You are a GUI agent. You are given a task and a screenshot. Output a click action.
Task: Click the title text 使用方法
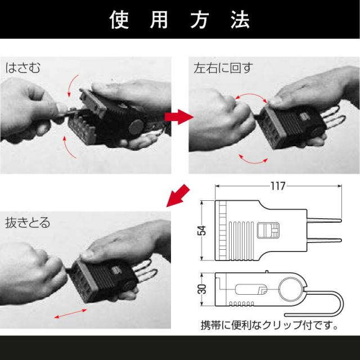click(x=179, y=20)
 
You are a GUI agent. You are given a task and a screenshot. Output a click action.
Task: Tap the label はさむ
click(x=24, y=69)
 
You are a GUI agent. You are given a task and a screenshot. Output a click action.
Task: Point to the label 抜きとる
click(x=27, y=223)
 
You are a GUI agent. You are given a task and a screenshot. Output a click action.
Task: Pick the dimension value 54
click(x=204, y=231)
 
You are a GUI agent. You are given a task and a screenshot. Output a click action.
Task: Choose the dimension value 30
click(x=204, y=289)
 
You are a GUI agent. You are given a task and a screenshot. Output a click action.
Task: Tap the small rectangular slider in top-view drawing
click(x=267, y=231)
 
